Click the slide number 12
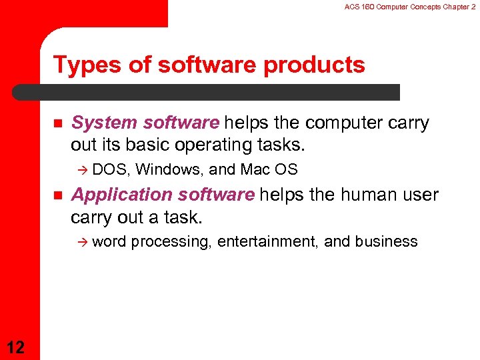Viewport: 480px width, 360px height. click(17, 346)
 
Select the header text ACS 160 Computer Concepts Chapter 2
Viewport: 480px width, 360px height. click(410, 6)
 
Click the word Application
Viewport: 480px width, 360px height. click(115, 195)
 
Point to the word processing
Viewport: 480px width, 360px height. click(171, 242)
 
